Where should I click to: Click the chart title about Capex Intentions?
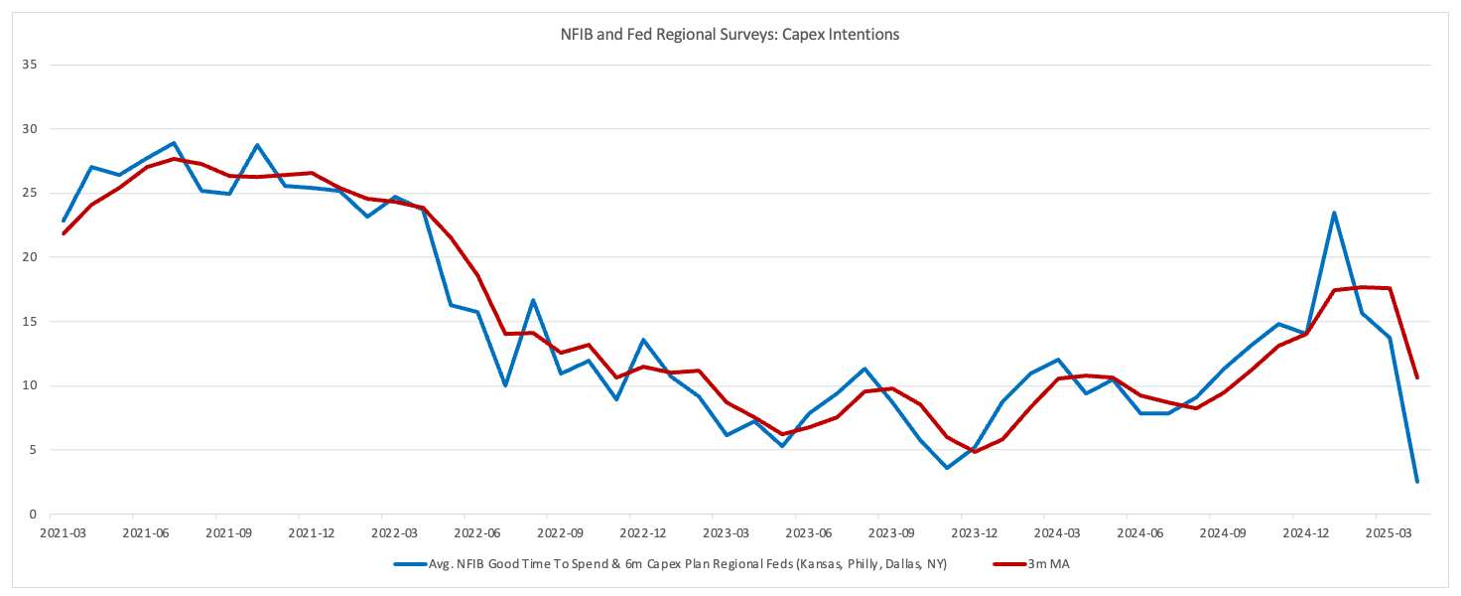tap(730, 35)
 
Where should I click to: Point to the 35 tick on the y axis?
tap(29, 65)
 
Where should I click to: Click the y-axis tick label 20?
tap(29, 257)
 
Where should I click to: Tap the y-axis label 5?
tap(33, 450)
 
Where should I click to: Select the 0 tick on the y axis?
tap(33, 515)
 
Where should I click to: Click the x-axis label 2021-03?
tap(64, 533)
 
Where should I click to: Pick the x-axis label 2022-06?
tap(477, 533)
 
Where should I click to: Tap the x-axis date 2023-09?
tap(890, 533)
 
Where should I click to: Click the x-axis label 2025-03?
tap(1388, 533)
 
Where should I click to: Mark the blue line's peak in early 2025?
tap(1334, 213)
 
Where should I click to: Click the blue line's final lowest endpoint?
tap(1416, 482)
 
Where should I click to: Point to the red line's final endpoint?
tap(1416, 377)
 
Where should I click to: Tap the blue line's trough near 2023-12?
tap(947, 468)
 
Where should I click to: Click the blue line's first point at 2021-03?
tap(64, 221)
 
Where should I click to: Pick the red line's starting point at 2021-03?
tap(64, 233)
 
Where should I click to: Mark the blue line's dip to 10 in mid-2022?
tap(505, 385)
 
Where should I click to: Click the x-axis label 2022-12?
tap(643, 533)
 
